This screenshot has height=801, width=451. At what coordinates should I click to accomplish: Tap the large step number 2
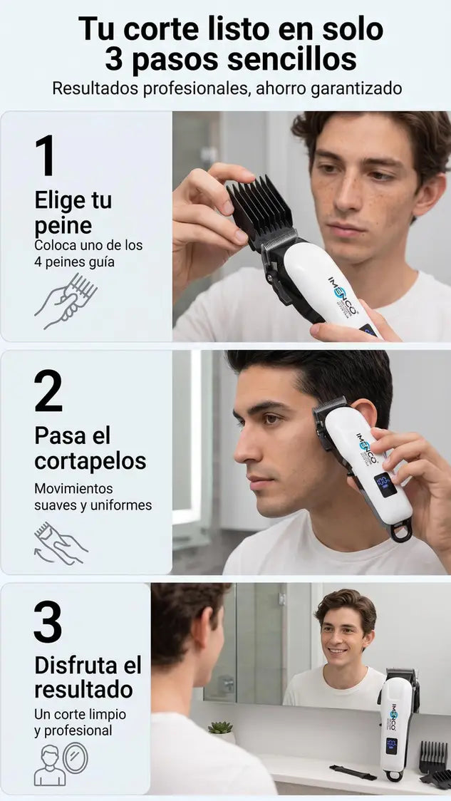pos(48,391)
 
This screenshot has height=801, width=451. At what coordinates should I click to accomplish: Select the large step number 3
pos(48,621)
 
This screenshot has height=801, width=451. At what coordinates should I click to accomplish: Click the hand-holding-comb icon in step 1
pos(66,301)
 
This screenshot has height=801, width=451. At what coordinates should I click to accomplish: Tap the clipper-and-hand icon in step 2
pos(61,542)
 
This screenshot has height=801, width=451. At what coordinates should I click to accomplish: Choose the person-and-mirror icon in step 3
pos(61,764)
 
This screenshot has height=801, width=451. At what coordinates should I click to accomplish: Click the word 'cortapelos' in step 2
pos(90,461)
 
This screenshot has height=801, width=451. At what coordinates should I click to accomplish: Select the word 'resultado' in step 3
pos(84,689)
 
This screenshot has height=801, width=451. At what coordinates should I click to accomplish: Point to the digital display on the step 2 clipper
pos(385,485)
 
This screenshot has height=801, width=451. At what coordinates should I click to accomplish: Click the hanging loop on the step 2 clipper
pos(401,532)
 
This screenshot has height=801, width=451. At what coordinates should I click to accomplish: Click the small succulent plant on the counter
pos(221,728)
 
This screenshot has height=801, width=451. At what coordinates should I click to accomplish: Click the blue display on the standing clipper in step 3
pos(392,746)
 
